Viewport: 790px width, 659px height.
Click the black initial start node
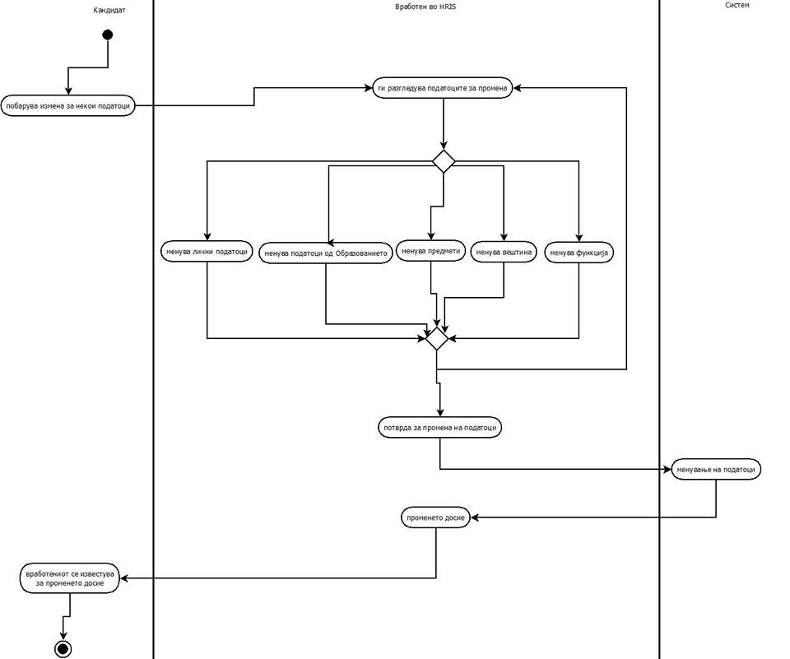107,35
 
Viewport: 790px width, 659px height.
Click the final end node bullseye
63,649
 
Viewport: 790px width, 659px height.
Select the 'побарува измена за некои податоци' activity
67,105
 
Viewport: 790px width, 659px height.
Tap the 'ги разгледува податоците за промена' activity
443,87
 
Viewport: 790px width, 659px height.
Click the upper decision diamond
444,161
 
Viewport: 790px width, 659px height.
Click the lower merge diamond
437,337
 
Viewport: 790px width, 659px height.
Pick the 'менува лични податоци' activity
207,252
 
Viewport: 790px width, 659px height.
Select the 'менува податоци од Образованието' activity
325,253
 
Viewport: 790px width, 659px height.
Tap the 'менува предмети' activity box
431,250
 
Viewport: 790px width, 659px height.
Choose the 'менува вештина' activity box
504,252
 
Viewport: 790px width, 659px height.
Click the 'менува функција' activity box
579,253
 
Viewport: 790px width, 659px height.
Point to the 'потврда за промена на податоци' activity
439,427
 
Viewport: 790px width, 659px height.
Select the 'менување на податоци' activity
716,469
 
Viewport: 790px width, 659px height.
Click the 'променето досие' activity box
436,517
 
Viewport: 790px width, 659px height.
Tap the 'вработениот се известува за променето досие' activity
70,578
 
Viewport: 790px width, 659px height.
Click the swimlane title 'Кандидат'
109,10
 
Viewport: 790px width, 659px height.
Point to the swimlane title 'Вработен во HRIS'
425,7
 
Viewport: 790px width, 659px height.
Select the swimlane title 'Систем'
737,5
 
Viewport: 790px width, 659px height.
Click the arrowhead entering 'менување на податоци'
667,469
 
